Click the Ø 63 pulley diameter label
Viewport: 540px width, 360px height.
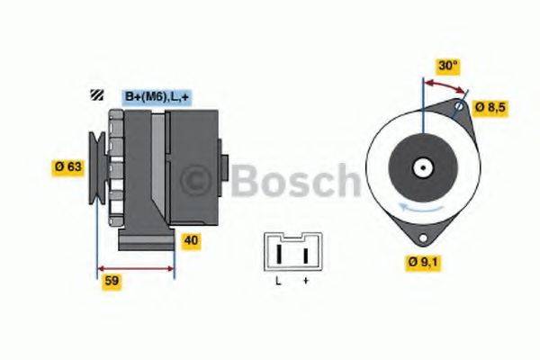[68, 166]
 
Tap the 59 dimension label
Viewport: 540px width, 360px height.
[112, 281]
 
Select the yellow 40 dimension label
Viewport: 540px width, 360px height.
[191, 240]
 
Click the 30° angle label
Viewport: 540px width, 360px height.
[446, 66]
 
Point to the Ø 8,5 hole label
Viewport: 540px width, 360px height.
[491, 108]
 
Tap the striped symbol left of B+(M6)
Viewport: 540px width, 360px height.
[94, 95]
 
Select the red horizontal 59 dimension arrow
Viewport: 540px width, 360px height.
[135, 267]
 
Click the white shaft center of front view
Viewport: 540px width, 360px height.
[422, 166]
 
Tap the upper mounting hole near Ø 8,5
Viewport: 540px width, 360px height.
[459, 108]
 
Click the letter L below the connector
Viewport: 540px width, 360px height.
[278, 282]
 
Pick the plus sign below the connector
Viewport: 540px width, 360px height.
[305, 282]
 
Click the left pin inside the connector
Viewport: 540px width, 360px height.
[279, 256]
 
